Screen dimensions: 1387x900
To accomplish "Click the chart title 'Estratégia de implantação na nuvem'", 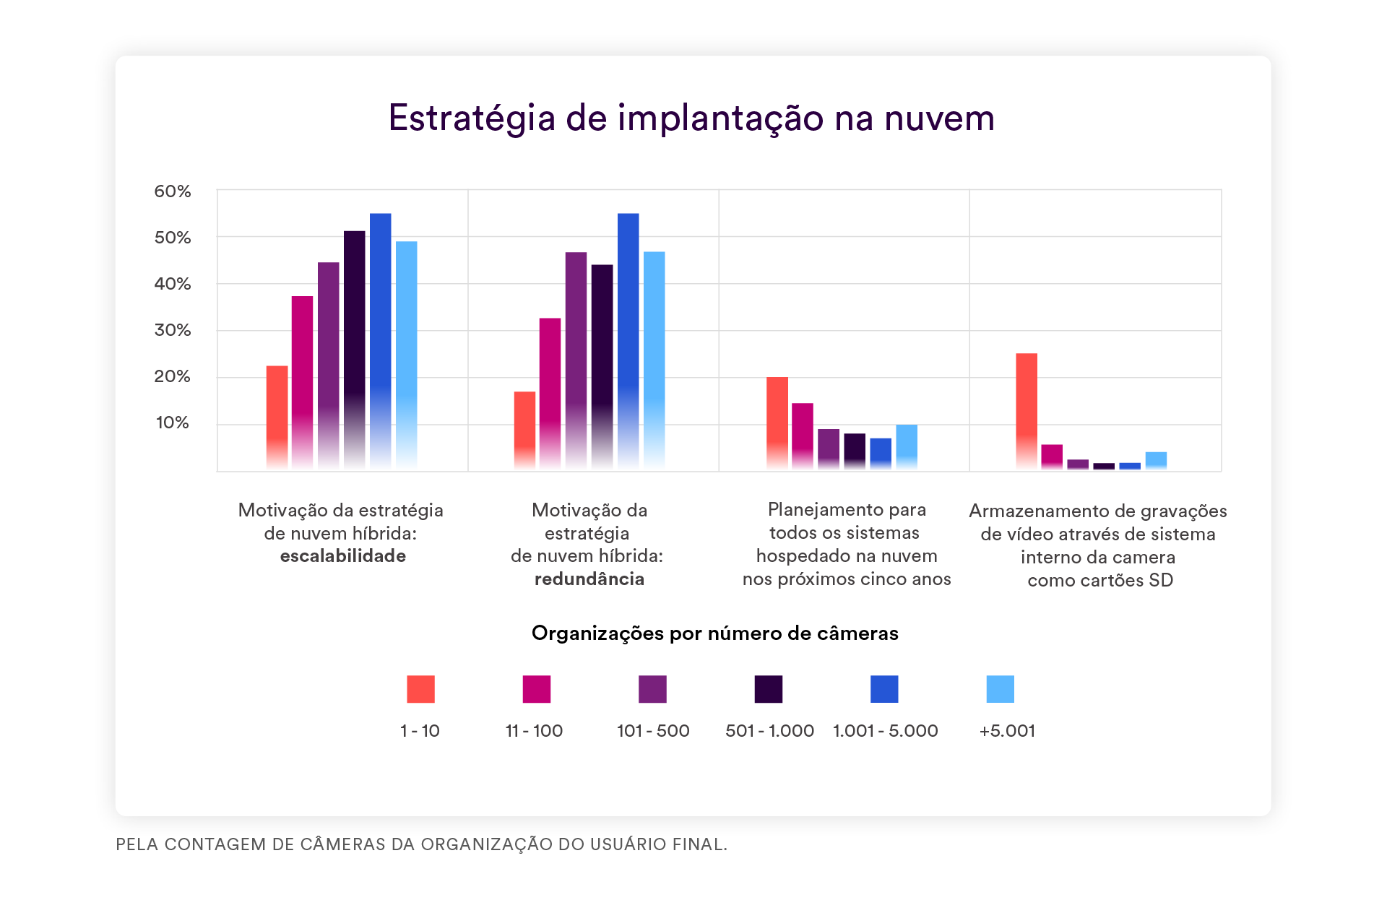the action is tap(691, 119).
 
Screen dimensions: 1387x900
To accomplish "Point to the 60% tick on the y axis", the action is tap(173, 191).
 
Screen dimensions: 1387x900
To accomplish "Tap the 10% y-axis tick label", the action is tap(173, 423).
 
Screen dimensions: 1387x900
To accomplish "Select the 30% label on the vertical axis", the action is tap(173, 330).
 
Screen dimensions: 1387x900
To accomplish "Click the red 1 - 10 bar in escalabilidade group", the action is tap(277, 418).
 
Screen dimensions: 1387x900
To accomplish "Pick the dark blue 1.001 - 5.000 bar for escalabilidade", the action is tap(381, 342).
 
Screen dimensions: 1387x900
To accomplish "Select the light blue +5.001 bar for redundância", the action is tap(654, 361).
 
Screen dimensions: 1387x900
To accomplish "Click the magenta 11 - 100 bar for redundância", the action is tap(550, 394).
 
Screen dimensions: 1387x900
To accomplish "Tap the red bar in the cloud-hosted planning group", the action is tap(777, 424).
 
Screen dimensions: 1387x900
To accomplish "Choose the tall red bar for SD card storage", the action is tap(1027, 412).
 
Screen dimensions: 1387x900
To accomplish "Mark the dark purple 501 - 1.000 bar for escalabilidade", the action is tap(355, 351).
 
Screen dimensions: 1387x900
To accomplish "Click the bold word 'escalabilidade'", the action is tap(343, 556).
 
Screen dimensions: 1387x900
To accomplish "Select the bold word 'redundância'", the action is tap(589, 579).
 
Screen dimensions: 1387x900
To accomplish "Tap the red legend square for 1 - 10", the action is tap(421, 689).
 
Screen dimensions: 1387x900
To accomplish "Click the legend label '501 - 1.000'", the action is tap(770, 731).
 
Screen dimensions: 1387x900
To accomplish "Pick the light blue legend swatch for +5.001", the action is tap(1001, 689).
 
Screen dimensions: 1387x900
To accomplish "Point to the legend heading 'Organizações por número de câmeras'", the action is tap(715, 633).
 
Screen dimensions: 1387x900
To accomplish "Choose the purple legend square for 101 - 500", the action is tap(653, 689).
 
